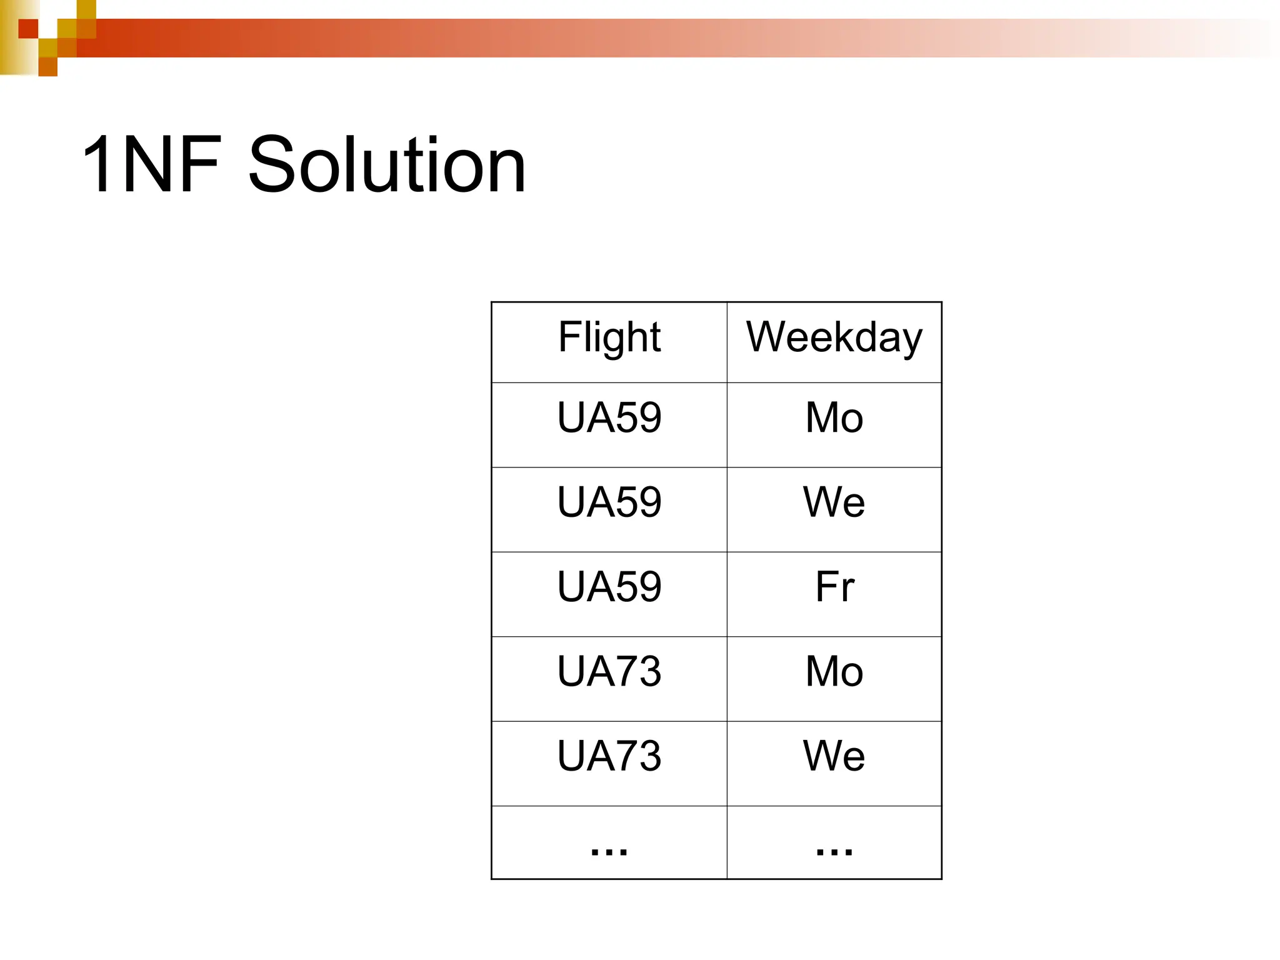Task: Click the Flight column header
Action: pyautogui.click(x=609, y=338)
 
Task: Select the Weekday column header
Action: pyautogui.click(x=834, y=338)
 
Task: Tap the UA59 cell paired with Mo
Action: pyautogui.click(x=609, y=417)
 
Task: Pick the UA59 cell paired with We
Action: pyautogui.click(x=609, y=502)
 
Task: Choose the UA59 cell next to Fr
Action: pyautogui.click(x=609, y=587)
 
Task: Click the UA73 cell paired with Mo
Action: pyautogui.click(x=609, y=672)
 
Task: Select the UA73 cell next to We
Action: pyautogui.click(x=609, y=756)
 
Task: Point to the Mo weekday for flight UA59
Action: pyautogui.click(x=834, y=417)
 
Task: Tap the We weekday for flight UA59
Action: pyautogui.click(x=834, y=502)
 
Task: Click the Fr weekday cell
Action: pyautogui.click(x=834, y=587)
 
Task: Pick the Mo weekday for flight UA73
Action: pyautogui.click(x=834, y=672)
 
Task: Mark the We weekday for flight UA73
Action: pyautogui.click(x=834, y=756)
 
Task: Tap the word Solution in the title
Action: pyautogui.click(x=387, y=165)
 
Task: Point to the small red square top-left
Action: pyautogui.click(x=28, y=29)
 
